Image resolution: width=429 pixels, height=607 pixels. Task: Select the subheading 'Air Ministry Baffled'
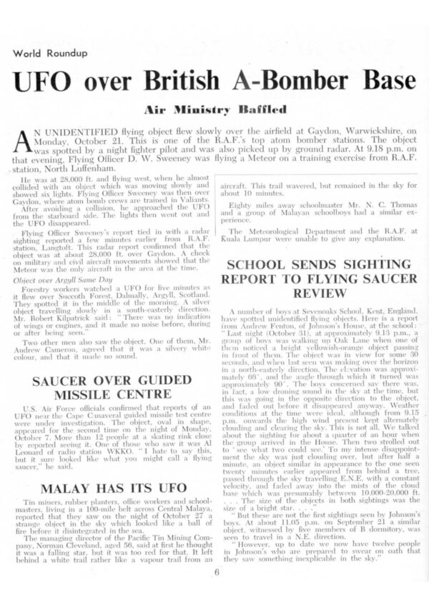(x=215, y=109)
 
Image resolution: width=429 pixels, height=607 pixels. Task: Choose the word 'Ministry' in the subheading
(x=204, y=109)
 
